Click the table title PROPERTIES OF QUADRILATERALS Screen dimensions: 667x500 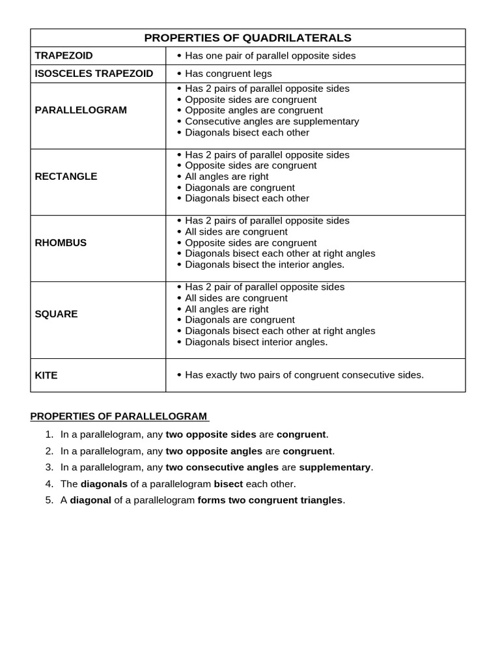point(247,38)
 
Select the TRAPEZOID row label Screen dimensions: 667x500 point(64,55)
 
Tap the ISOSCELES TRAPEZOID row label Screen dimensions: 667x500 point(94,74)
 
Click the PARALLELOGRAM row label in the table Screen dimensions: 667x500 point(81,110)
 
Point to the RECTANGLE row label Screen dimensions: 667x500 point(66,177)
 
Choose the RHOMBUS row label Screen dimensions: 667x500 point(61,243)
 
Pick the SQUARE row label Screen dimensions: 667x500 point(56,314)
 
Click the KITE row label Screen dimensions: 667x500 point(46,375)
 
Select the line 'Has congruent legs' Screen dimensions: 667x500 point(229,74)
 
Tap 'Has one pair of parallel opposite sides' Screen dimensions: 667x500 point(270,56)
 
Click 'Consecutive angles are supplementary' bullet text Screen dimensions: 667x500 point(271,122)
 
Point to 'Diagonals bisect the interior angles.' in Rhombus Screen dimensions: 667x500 point(264,264)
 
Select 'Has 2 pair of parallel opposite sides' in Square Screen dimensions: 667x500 point(264,287)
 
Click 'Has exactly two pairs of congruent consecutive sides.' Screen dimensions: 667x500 point(304,375)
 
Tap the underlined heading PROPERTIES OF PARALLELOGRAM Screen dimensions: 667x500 point(118,416)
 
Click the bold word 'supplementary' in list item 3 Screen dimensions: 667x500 point(335,468)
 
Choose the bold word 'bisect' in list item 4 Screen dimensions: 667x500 point(229,484)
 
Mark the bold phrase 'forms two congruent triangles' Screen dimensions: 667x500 point(270,500)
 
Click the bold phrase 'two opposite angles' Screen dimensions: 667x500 point(214,451)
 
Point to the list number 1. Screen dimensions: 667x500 point(49,434)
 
